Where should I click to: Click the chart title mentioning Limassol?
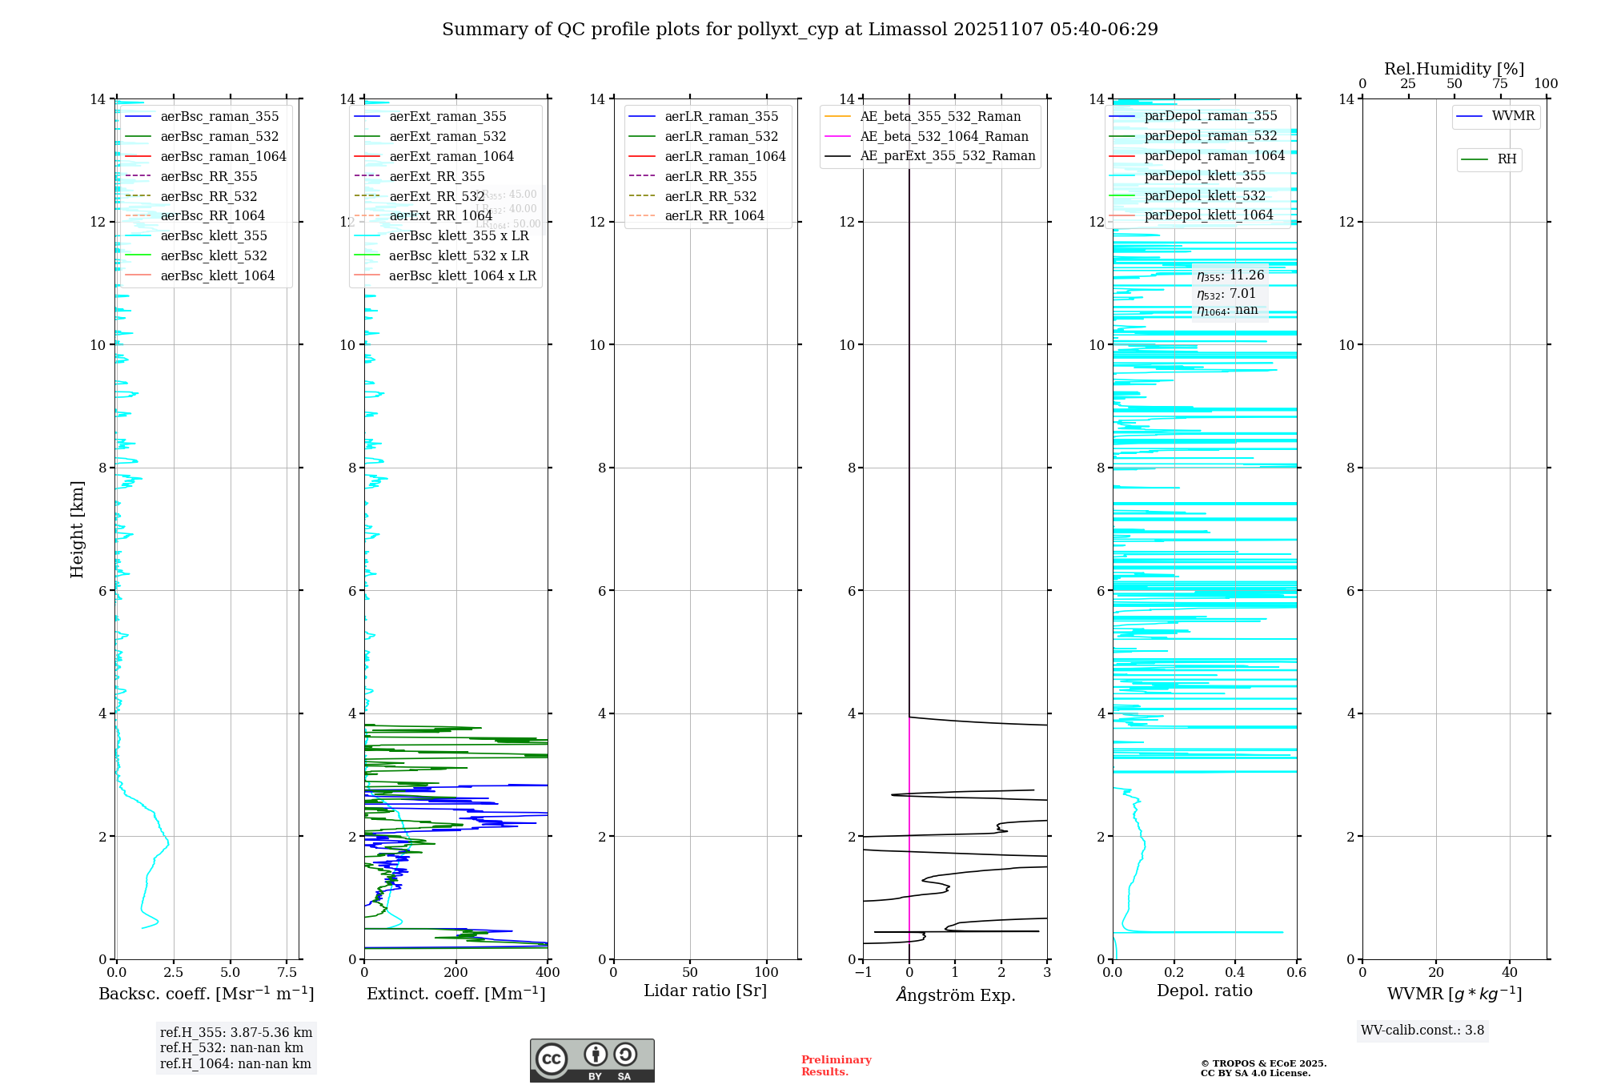click(800, 30)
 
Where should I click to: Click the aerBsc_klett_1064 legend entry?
click(217, 275)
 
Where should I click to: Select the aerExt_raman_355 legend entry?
click(447, 117)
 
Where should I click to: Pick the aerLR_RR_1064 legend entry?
click(714, 216)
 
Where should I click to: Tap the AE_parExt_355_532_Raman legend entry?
click(947, 156)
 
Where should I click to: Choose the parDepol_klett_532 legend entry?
click(1205, 195)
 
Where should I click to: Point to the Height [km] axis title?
click(77, 529)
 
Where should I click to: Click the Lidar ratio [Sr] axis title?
click(705, 991)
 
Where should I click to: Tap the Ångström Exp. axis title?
click(955, 995)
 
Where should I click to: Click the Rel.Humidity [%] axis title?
click(1454, 69)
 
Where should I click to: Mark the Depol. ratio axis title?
click(1204, 991)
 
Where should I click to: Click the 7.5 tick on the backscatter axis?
click(287, 973)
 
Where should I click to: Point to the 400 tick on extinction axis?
click(548, 973)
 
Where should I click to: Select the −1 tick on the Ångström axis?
click(862, 973)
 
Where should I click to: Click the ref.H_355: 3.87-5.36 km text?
click(236, 1033)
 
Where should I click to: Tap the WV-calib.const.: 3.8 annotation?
click(1422, 1031)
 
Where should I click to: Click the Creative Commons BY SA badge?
click(592, 1061)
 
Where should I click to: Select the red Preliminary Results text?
click(836, 1066)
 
